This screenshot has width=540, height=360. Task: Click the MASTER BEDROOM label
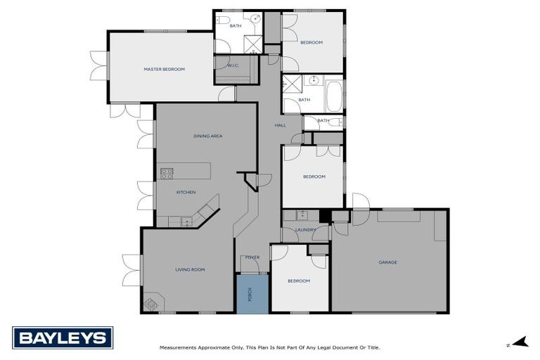tap(164, 69)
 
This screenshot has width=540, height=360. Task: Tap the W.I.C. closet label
tap(233, 65)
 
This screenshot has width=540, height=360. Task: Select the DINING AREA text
tap(207, 136)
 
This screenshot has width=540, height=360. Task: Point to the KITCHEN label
tap(186, 192)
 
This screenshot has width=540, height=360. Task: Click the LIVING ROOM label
tap(189, 269)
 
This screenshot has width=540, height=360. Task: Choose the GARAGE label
tap(387, 262)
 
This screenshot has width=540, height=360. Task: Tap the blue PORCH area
tap(252, 294)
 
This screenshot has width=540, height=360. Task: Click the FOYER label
tap(252, 257)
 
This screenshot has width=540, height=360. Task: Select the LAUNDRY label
tap(304, 230)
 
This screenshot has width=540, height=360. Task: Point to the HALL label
tap(279, 125)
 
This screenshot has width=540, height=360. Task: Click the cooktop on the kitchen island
tap(167, 172)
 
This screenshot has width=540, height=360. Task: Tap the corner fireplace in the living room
tap(150, 304)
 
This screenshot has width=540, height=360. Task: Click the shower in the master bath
tap(252, 44)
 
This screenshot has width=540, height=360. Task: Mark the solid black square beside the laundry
tap(324, 217)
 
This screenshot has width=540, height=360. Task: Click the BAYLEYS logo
tap(62, 338)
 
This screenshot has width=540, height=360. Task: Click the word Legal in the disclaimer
tap(316, 347)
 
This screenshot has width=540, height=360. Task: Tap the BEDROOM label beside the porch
tap(299, 281)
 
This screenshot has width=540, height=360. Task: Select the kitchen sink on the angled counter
tap(186, 221)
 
